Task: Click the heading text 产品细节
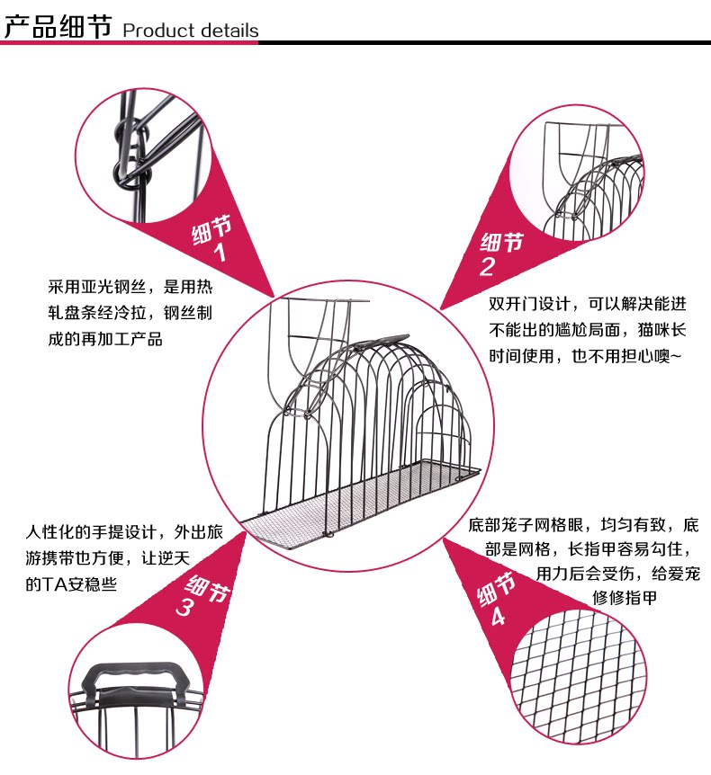[x=58, y=26]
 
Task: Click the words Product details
[x=190, y=31]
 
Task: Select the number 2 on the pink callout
[x=487, y=266]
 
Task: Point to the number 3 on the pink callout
[x=184, y=608]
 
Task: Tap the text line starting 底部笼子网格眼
[x=583, y=525]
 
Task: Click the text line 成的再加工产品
[x=105, y=340]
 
